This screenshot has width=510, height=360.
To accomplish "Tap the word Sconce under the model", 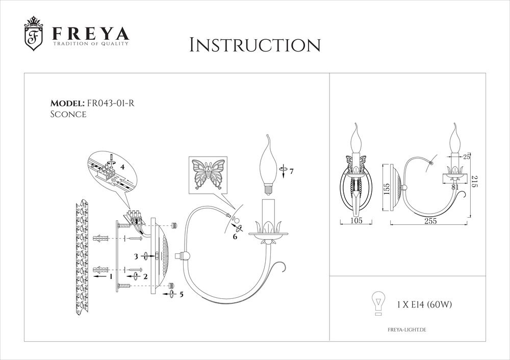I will point(68,115).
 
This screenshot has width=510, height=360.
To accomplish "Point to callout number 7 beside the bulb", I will point(291,171).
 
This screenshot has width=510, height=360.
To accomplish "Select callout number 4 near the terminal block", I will point(122,166).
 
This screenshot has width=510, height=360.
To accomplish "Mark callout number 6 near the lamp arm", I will point(235,237).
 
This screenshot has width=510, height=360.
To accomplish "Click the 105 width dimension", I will point(356,221).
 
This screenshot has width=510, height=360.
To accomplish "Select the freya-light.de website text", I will point(403,330).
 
